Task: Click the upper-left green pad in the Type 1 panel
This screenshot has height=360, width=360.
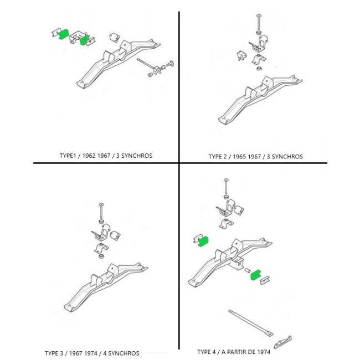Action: pos(64,34)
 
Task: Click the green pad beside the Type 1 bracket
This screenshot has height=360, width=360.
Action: pos(84,40)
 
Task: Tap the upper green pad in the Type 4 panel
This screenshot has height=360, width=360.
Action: pos(203,241)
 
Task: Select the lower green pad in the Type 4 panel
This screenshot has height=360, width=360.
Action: pos(255,275)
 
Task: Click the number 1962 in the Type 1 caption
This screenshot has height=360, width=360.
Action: pos(89,156)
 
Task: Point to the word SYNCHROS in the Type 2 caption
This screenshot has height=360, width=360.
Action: pos(287,157)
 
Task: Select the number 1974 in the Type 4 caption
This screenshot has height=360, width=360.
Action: pos(263,352)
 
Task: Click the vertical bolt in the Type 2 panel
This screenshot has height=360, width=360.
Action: pos(259,23)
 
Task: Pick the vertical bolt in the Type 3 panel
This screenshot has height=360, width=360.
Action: pos(101,211)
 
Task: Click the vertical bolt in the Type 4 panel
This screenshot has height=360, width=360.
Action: pos(226,187)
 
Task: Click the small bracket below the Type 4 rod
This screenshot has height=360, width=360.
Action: pos(283,342)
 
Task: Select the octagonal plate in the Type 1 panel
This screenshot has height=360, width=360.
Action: pos(114,38)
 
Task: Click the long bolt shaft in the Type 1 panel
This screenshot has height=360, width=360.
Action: pos(146,64)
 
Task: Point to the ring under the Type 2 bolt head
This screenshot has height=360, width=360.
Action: pos(259,32)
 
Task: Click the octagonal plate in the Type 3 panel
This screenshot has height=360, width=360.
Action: pos(115,235)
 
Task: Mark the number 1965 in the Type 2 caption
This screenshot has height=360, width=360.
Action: pos(239,157)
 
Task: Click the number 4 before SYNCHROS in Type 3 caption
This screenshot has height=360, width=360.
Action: pos(105,353)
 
